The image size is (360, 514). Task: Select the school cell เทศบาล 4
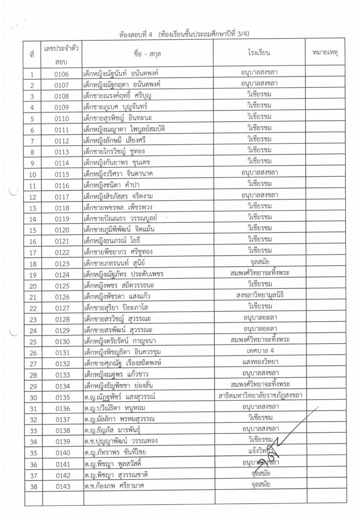[x=259, y=352]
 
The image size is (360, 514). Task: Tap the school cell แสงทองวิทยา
[x=259, y=363]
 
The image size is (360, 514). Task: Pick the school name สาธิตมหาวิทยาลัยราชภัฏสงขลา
[x=259, y=397]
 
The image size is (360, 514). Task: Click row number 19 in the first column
[x=33, y=274]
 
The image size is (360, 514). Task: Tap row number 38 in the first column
[x=33, y=486]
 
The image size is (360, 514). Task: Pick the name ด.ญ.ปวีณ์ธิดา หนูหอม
[x=115, y=408]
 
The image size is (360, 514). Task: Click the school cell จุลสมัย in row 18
[x=259, y=263]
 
